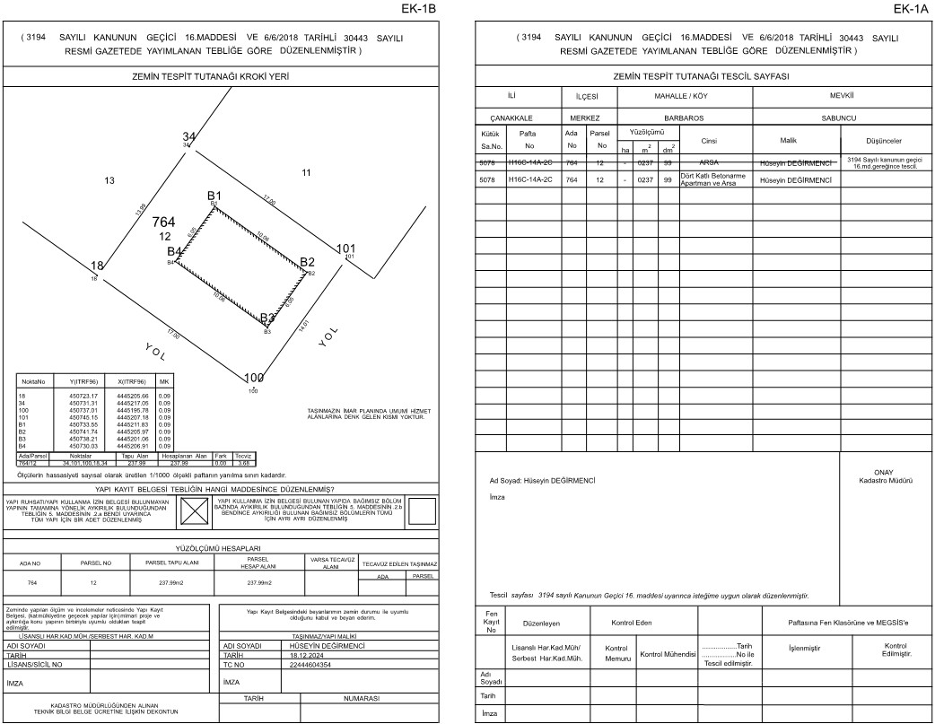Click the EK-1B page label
point(420,9)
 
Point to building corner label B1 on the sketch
point(214,196)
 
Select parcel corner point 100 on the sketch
point(254,379)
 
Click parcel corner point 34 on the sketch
point(188,136)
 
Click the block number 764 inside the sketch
point(163,222)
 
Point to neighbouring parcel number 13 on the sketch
point(109,181)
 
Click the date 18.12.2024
point(306,656)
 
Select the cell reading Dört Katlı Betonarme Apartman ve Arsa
point(709,179)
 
